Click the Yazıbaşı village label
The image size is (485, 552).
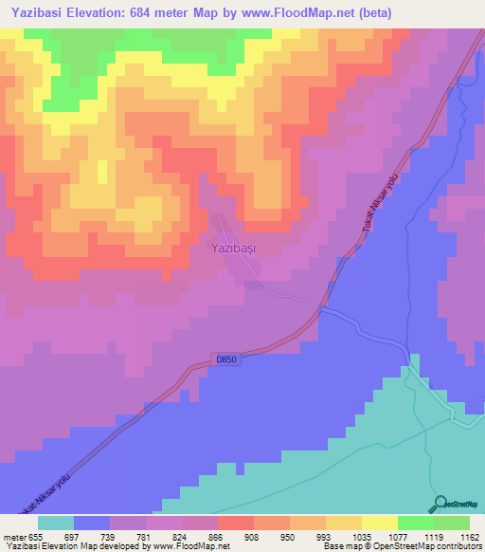(232, 247)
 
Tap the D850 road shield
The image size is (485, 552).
(224, 359)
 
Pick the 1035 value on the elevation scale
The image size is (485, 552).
(362, 536)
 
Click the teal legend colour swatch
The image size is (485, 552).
(56, 523)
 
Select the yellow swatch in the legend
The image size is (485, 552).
(380, 523)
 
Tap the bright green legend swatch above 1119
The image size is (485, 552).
(416, 523)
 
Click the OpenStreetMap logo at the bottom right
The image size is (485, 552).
(458, 504)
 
